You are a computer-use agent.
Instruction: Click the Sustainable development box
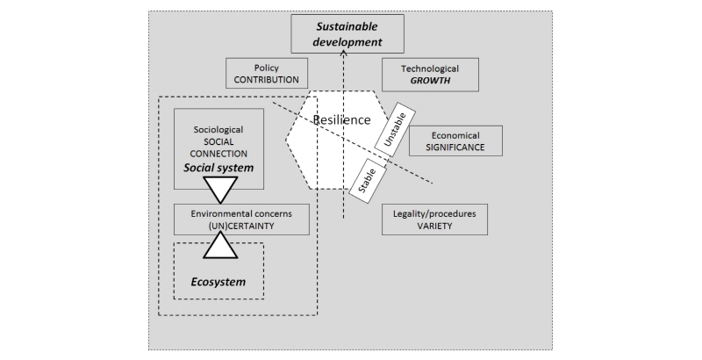[x=348, y=33]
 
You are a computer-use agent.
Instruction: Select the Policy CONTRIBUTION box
[x=267, y=74]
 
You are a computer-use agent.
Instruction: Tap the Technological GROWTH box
[x=430, y=75]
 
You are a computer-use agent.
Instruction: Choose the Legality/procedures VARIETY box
[x=433, y=220]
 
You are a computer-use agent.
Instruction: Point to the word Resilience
[x=342, y=119]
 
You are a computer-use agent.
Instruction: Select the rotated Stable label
[x=367, y=176]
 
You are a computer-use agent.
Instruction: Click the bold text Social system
[x=218, y=167]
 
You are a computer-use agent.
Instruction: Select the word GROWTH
[x=430, y=80]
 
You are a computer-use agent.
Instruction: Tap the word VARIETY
[x=433, y=226]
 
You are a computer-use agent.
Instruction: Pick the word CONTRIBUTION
[x=267, y=80]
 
